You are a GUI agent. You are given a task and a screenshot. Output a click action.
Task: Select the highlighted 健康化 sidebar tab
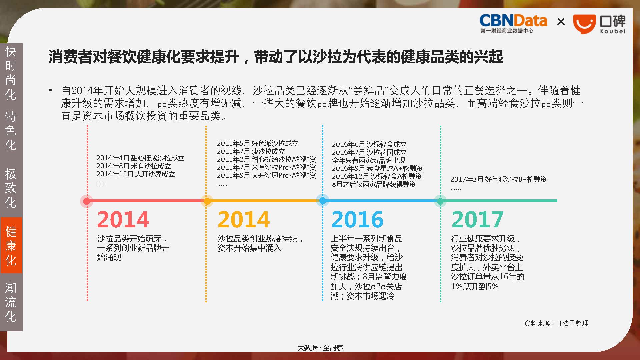click(11, 245)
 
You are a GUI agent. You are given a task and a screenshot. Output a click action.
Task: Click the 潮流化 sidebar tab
click(11, 302)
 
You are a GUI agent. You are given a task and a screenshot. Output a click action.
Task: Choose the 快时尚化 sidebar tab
click(11, 73)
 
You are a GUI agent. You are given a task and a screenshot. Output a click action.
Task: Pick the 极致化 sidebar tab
click(11, 188)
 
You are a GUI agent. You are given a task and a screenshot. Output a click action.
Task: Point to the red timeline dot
click(87, 201)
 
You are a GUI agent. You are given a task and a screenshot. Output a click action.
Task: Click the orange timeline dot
click(207, 201)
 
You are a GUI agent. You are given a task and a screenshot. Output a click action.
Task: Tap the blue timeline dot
click(322, 201)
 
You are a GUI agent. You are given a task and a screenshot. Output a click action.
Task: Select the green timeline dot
click(440, 201)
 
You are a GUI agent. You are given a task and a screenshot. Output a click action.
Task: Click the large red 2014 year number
click(123, 219)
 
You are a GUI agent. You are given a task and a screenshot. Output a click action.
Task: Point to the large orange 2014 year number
click(244, 219)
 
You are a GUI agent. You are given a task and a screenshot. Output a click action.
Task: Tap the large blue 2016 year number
click(357, 219)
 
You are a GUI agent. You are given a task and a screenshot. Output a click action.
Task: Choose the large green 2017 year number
click(477, 219)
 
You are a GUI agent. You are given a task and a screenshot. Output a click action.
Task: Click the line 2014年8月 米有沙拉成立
click(134, 166)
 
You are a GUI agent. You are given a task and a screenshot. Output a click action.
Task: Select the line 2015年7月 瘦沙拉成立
click(251, 151)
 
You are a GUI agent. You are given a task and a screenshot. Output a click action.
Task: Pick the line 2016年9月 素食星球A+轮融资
click(377, 168)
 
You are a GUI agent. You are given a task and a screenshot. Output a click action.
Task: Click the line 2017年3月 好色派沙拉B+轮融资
click(499, 179)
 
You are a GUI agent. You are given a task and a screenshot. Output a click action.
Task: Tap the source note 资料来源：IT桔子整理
click(556, 323)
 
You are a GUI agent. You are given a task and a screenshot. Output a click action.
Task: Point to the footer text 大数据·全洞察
click(320, 348)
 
